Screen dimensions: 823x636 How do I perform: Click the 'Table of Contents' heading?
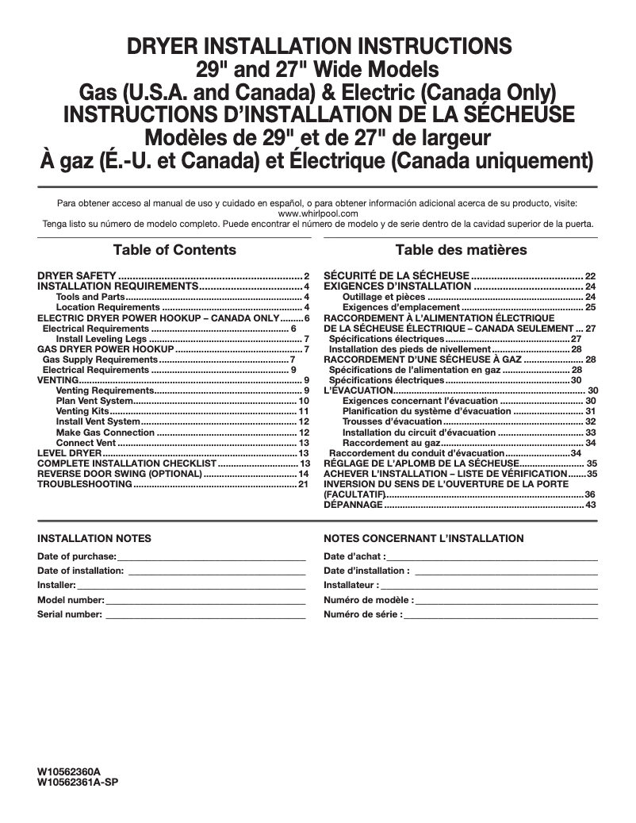tap(174, 250)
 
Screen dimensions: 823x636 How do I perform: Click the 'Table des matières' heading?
tap(461, 250)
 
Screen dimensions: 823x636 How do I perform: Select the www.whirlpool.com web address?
tap(318, 213)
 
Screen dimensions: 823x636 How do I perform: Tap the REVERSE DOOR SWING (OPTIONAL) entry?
tap(120, 473)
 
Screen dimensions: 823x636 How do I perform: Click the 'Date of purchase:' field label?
tap(77, 556)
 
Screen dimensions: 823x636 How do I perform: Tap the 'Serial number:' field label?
tap(70, 613)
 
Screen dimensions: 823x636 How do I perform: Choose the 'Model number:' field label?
tap(71, 599)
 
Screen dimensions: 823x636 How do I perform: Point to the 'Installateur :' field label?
tap(351, 585)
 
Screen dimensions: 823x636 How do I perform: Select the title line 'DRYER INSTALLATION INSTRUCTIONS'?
tap(318, 44)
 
